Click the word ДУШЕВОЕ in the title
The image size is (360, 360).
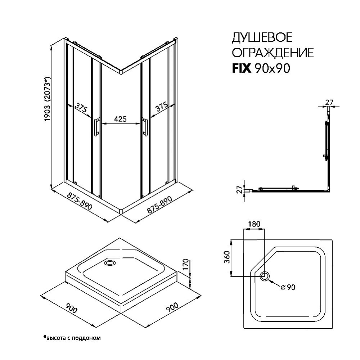pyautogui.click(x=262, y=37)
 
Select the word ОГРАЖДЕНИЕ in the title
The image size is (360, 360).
pyautogui.click(x=272, y=53)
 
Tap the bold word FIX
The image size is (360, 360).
pyautogui.click(x=242, y=68)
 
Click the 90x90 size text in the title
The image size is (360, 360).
pyautogui.click(x=272, y=68)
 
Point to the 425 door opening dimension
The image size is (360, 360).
pyautogui.click(x=120, y=119)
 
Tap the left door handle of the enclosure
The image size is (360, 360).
pyautogui.click(x=96, y=127)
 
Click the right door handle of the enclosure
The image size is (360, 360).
pyautogui.click(x=145, y=127)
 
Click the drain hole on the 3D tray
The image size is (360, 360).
pyautogui.click(x=109, y=263)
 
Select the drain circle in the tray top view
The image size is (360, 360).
pyautogui.click(x=265, y=276)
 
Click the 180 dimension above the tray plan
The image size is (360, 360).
pyautogui.click(x=254, y=224)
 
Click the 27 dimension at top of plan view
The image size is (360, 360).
pyautogui.click(x=329, y=102)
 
